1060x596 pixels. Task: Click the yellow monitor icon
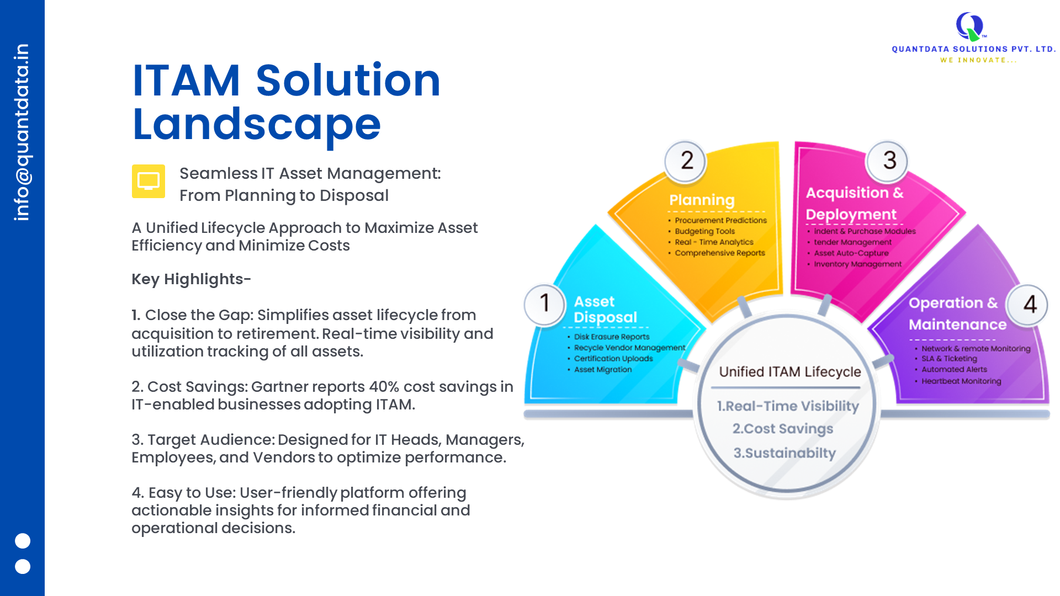click(x=149, y=181)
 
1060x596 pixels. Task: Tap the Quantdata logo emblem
click(x=970, y=26)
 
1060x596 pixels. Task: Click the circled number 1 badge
click(x=544, y=304)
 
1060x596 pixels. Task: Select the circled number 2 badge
click(x=686, y=161)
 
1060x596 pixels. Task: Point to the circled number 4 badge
click(x=1029, y=305)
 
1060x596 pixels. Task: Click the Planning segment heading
click(x=702, y=200)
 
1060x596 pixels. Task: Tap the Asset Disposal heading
click(x=605, y=309)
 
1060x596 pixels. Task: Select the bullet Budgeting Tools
click(x=704, y=231)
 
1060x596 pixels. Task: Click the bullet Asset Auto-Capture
click(x=851, y=253)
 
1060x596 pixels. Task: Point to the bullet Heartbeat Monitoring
click(x=961, y=381)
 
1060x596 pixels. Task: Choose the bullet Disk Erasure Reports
click(x=611, y=337)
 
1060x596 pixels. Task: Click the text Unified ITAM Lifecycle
click(x=789, y=372)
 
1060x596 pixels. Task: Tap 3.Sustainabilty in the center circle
click(x=785, y=453)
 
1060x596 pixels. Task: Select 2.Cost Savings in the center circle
click(x=783, y=429)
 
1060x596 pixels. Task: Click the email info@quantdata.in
click(x=22, y=132)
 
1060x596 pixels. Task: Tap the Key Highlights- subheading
click(x=191, y=279)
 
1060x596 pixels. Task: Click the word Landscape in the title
click(x=257, y=125)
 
